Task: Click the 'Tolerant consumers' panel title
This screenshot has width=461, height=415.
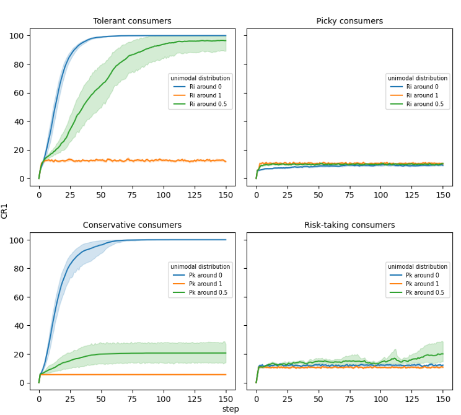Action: point(132,21)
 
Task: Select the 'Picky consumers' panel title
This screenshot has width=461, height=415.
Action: point(349,21)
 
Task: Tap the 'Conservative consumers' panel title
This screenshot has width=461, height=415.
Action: point(132,225)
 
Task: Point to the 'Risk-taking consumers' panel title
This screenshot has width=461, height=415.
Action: point(349,225)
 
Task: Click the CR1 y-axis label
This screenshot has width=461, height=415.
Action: point(5,211)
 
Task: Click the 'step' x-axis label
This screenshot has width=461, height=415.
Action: point(230,409)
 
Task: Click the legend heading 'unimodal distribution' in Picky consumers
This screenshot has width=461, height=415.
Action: point(417,78)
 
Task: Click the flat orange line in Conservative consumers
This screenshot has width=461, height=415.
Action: point(132,375)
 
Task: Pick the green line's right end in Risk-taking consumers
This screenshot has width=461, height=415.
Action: point(442,354)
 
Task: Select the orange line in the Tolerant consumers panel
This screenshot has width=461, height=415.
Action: point(132,160)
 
